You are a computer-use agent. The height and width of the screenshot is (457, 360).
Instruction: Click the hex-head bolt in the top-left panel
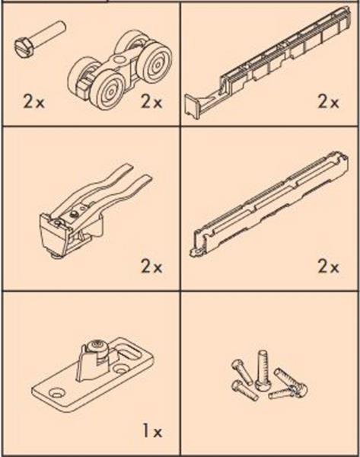[x=40, y=39]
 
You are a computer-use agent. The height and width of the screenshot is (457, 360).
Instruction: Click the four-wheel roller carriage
[x=120, y=70]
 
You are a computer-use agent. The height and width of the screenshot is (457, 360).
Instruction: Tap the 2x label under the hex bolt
[x=33, y=102]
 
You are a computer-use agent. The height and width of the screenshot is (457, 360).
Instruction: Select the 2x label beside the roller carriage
[x=151, y=102]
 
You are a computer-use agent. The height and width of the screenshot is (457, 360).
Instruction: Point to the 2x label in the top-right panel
[x=328, y=102]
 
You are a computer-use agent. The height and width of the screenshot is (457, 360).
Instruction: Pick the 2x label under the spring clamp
[x=151, y=267]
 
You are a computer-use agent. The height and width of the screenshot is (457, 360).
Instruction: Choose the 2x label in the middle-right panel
[x=328, y=267]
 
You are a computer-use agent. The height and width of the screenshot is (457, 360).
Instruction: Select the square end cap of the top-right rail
[x=193, y=107]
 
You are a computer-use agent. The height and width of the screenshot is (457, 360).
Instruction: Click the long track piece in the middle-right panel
[x=270, y=204]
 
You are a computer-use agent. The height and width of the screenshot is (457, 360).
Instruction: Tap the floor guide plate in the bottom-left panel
[x=92, y=377]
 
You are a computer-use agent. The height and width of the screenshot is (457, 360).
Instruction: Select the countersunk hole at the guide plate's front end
[x=56, y=393]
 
